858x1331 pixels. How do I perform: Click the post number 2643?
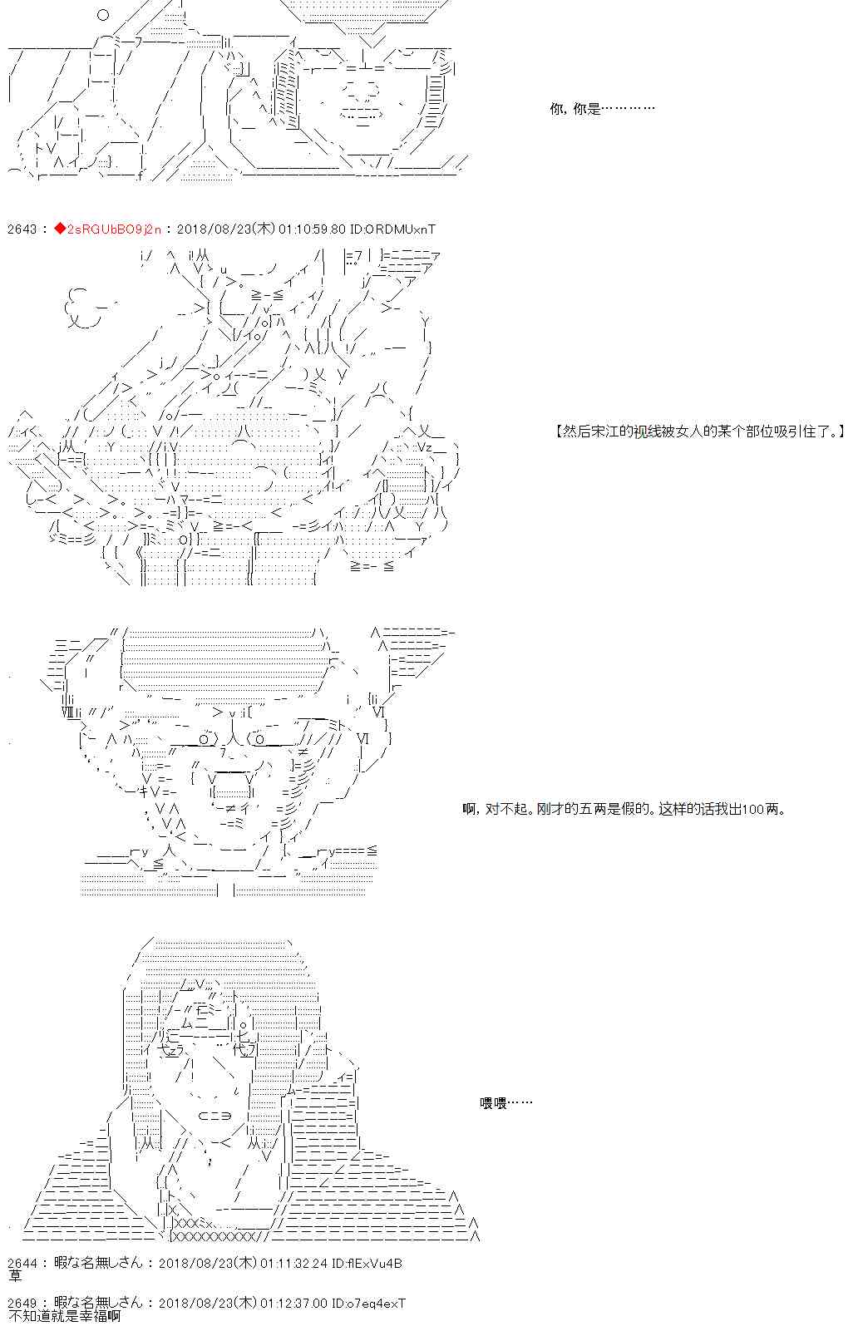pyautogui.click(x=22, y=229)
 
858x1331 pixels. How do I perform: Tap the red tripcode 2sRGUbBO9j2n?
pyautogui.click(x=114, y=229)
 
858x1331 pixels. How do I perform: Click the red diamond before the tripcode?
pyautogui.click(x=60, y=229)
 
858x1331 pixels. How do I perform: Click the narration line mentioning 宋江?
pyautogui.click(x=700, y=431)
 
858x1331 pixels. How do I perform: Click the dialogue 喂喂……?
pyautogui.click(x=505, y=1103)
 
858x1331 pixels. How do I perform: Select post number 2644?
pyautogui.click(x=22, y=1264)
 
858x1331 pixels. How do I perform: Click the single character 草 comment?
pyautogui.click(x=15, y=1276)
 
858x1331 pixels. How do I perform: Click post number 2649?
pyautogui.click(x=22, y=1304)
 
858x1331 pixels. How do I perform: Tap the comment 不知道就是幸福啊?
pyautogui.click(x=64, y=1316)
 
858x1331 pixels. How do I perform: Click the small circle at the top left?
pyautogui.click(x=103, y=15)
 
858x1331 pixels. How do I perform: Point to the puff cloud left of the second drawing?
pyautogui.click(x=82, y=308)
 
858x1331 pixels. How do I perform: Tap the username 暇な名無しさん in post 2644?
pyautogui.click(x=99, y=1264)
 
